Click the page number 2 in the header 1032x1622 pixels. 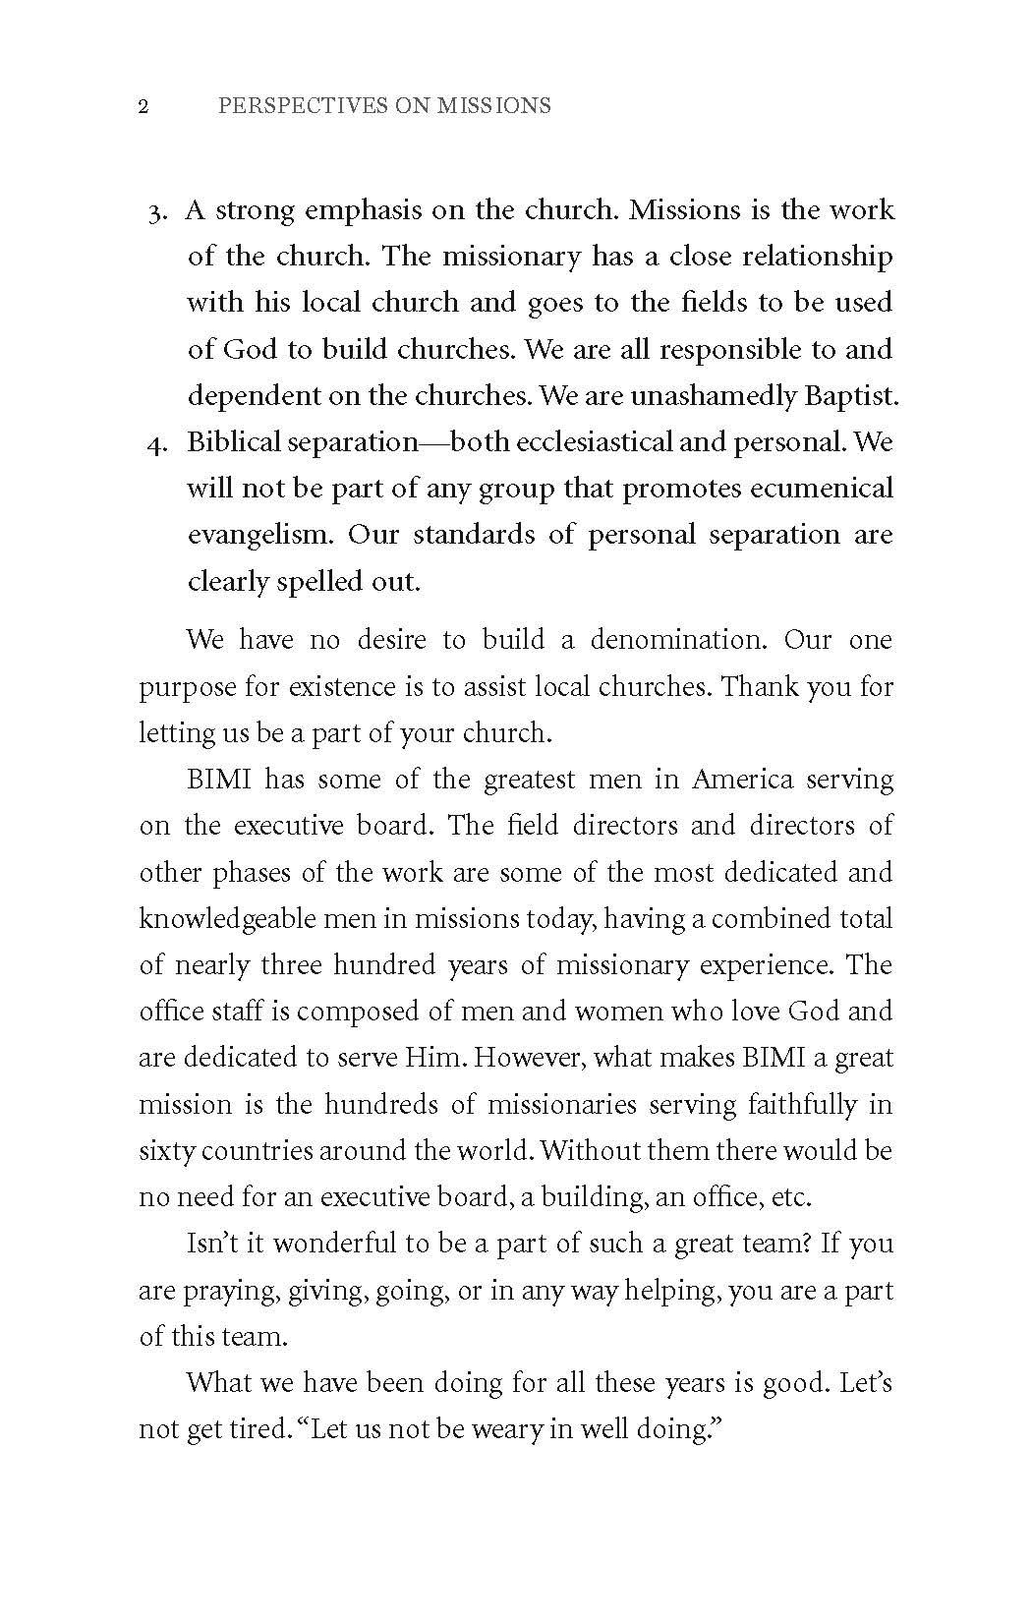pos(143,106)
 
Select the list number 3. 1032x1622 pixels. pos(159,212)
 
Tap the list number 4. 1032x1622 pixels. pos(157,444)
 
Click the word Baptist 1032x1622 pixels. pos(850,396)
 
